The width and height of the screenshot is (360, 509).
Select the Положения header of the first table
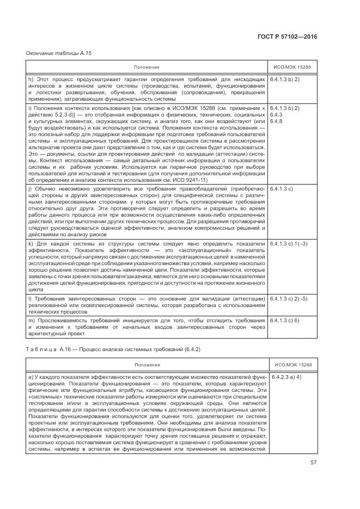[x=147, y=67]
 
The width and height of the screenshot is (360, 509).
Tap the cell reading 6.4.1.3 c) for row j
[x=282, y=188]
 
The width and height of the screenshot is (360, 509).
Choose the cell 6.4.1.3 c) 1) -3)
[x=289, y=244]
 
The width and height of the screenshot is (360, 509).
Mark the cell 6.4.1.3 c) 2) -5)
[x=289, y=299]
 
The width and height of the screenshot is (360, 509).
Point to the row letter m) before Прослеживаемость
[x=31, y=321]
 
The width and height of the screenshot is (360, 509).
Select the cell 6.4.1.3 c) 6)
[x=285, y=321]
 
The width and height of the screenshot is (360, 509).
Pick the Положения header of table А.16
[x=147, y=365]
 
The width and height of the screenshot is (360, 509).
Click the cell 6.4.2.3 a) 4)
[x=286, y=377]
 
